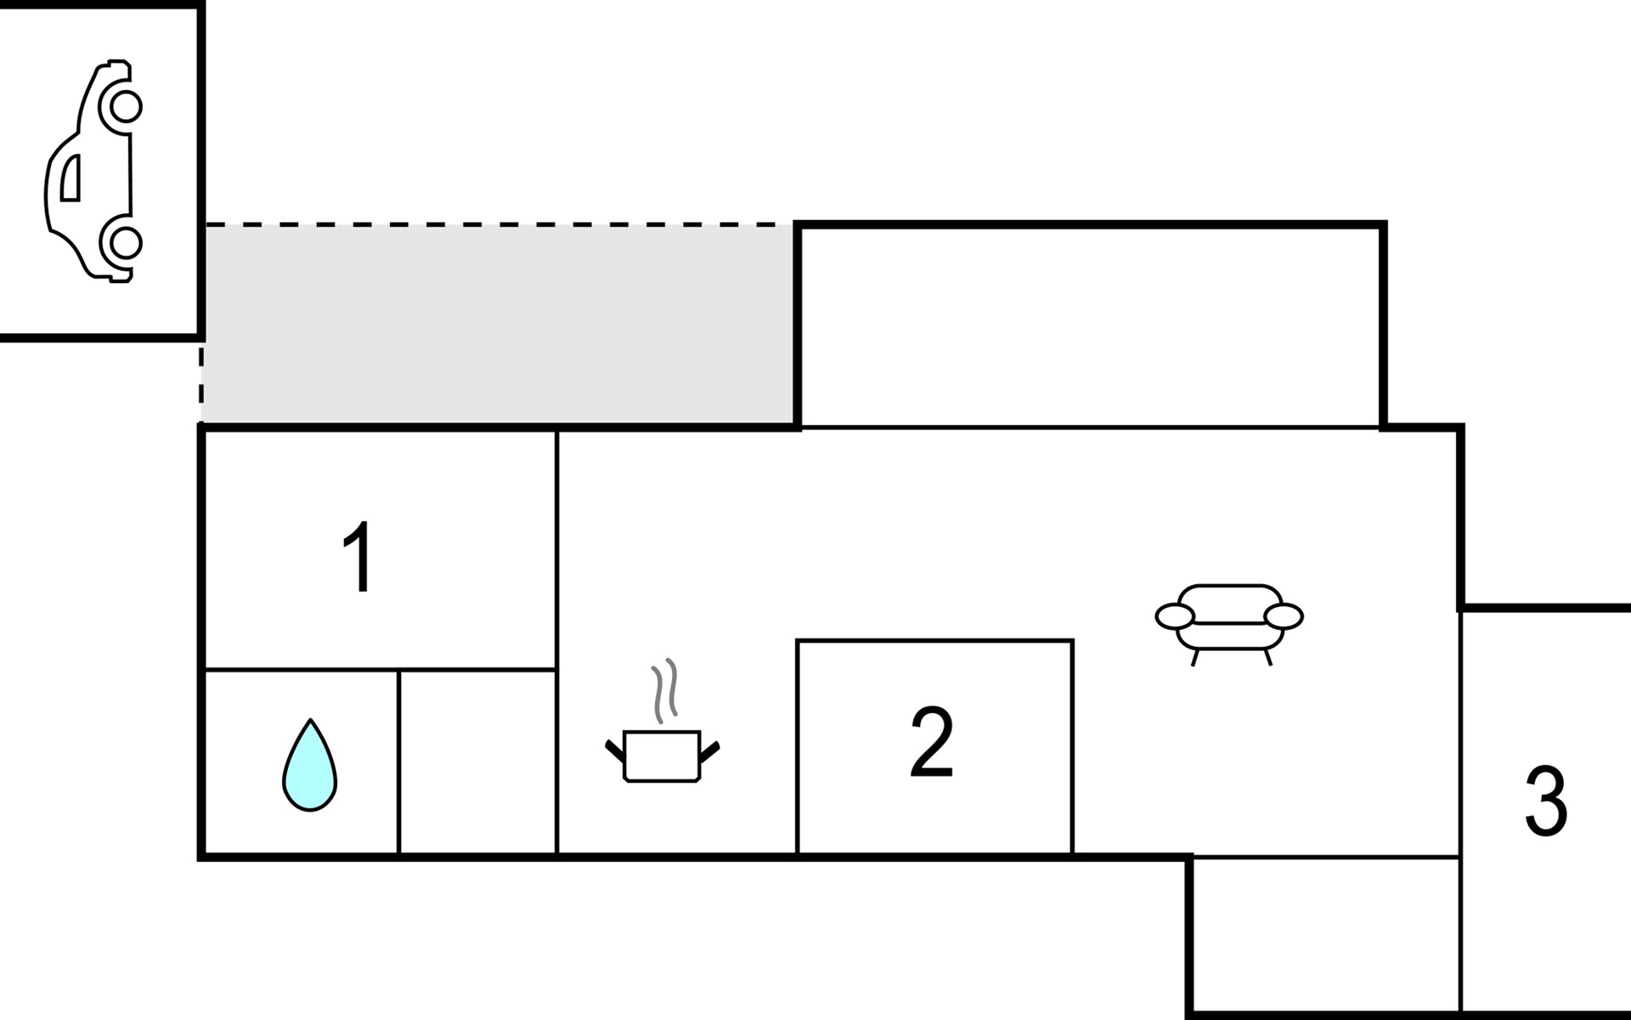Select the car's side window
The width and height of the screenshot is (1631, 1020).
tap(71, 177)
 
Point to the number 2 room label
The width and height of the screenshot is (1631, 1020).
tap(932, 741)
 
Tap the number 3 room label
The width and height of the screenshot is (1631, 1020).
tap(1546, 802)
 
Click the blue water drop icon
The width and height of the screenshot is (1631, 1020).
tap(310, 765)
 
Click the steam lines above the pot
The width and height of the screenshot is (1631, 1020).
tap(664, 690)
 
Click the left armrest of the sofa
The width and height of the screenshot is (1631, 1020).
tap(1174, 616)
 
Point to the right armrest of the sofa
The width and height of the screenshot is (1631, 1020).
tap(1284, 616)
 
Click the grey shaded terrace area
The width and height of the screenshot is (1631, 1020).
tap(499, 324)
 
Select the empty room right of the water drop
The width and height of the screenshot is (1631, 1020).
tap(477, 762)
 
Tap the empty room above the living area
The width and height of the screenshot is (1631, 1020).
tap(1091, 327)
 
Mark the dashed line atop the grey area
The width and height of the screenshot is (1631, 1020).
tap(499, 225)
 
